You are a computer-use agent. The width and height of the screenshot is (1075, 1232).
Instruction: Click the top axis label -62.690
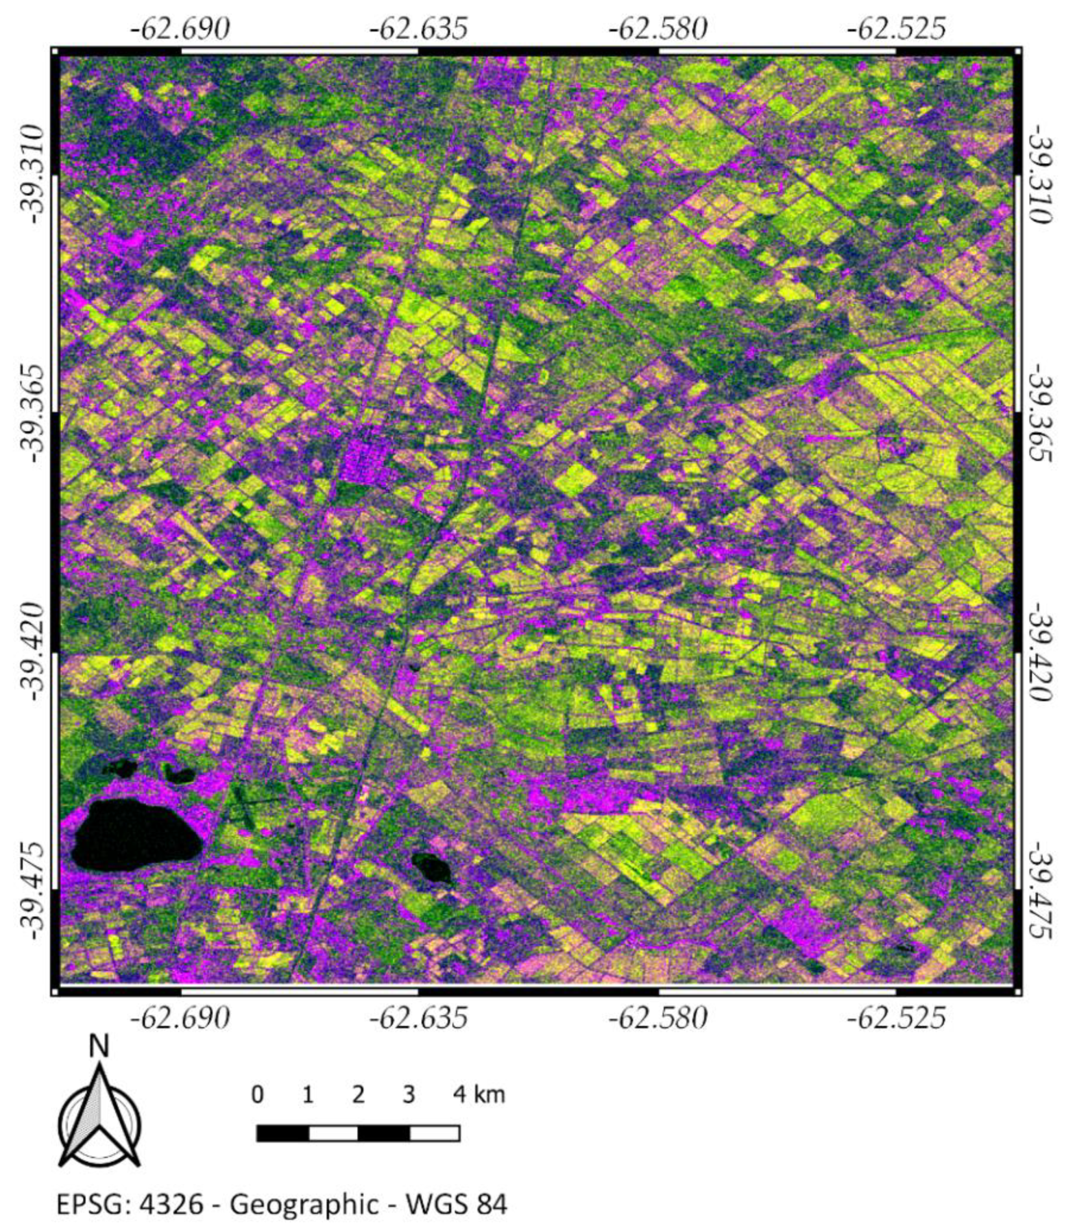(x=180, y=28)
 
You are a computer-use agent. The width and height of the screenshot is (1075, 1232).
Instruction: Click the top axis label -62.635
(x=418, y=28)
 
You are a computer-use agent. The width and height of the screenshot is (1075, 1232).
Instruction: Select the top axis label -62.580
(x=658, y=28)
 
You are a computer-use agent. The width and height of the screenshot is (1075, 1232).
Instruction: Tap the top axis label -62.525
(x=896, y=28)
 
